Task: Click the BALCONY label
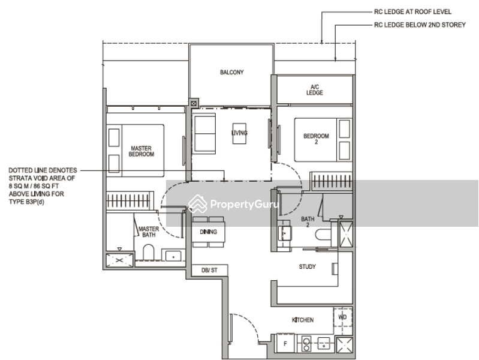tap(232, 72)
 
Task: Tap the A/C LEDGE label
tap(315, 89)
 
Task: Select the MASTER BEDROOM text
tap(141, 151)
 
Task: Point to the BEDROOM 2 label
tap(316, 139)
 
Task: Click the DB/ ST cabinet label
tap(210, 270)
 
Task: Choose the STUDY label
tap(308, 267)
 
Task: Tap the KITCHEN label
tap(303, 320)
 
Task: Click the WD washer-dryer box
tap(343, 317)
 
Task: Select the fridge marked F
tap(285, 343)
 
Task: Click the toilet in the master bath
tap(149, 252)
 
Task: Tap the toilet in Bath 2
tap(323, 235)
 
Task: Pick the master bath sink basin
tap(173, 256)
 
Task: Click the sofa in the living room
tap(204, 133)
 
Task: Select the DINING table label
tap(209, 232)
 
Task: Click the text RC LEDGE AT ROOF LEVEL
tap(412, 12)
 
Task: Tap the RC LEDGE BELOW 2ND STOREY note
tap(420, 25)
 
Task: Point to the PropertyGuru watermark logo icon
tap(197, 204)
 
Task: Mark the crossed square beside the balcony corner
tap(194, 103)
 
